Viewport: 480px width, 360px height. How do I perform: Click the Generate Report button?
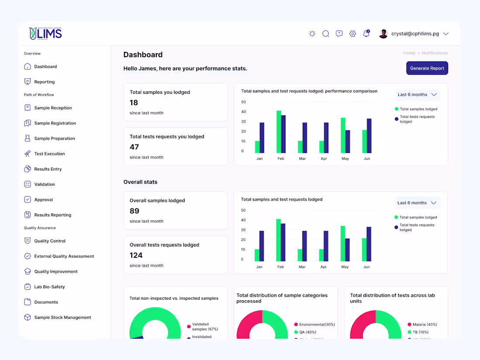pyautogui.click(x=427, y=68)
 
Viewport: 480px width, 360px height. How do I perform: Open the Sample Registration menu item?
pyautogui.click(x=55, y=123)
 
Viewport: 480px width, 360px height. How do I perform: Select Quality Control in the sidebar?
pyautogui.click(x=50, y=241)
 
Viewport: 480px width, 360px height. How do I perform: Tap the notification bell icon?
pyautogui.click(x=366, y=34)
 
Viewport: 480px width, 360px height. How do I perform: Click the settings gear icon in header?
pyautogui.click(x=353, y=34)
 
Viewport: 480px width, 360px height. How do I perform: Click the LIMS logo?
pyautogui.click(x=45, y=34)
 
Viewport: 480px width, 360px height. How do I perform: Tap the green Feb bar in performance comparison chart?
pyautogui.click(x=279, y=132)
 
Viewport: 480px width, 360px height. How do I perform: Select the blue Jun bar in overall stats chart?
pyautogui.click(x=369, y=244)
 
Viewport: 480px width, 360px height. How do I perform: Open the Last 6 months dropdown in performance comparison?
pyautogui.click(x=417, y=95)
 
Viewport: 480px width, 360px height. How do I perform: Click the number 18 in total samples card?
pyautogui.click(x=134, y=103)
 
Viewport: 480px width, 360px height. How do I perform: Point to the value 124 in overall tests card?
pyautogui.click(x=136, y=255)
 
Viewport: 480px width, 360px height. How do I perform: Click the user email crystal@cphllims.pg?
pyautogui.click(x=414, y=34)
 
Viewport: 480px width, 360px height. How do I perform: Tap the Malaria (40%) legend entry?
pyautogui.click(x=422, y=324)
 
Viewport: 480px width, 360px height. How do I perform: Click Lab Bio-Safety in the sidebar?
pyautogui.click(x=49, y=287)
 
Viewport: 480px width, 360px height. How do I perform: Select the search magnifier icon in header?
pyautogui.click(x=326, y=34)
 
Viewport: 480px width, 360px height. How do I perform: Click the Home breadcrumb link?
pyautogui.click(x=409, y=53)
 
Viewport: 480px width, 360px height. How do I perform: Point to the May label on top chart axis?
pyautogui.click(x=345, y=158)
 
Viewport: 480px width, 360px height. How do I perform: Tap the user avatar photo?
pyautogui.click(x=383, y=34)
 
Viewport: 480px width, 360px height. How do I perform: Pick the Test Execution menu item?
pyautogui.click(x=49, y=154)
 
